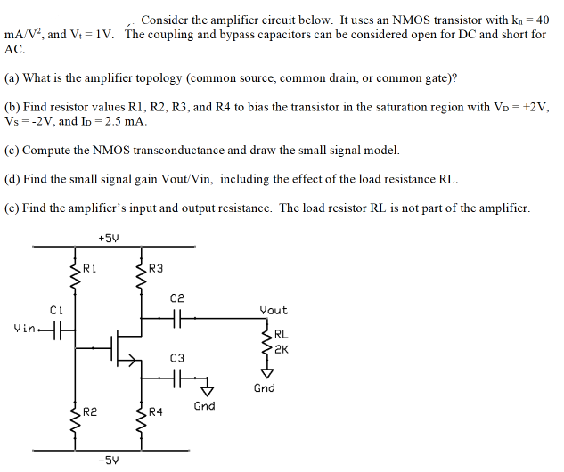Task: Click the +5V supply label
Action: pos(109,238)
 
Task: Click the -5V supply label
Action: pos(109,461)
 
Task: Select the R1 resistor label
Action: pos(89,268)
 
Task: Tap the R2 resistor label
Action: pos(89,411)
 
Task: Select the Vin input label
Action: pos(26,329)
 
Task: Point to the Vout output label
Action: pos(274,310)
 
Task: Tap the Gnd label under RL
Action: pos(265,388)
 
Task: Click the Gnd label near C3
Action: pos(204,406)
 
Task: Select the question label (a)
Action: pos(12,78)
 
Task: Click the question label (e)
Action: pos(12,208)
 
